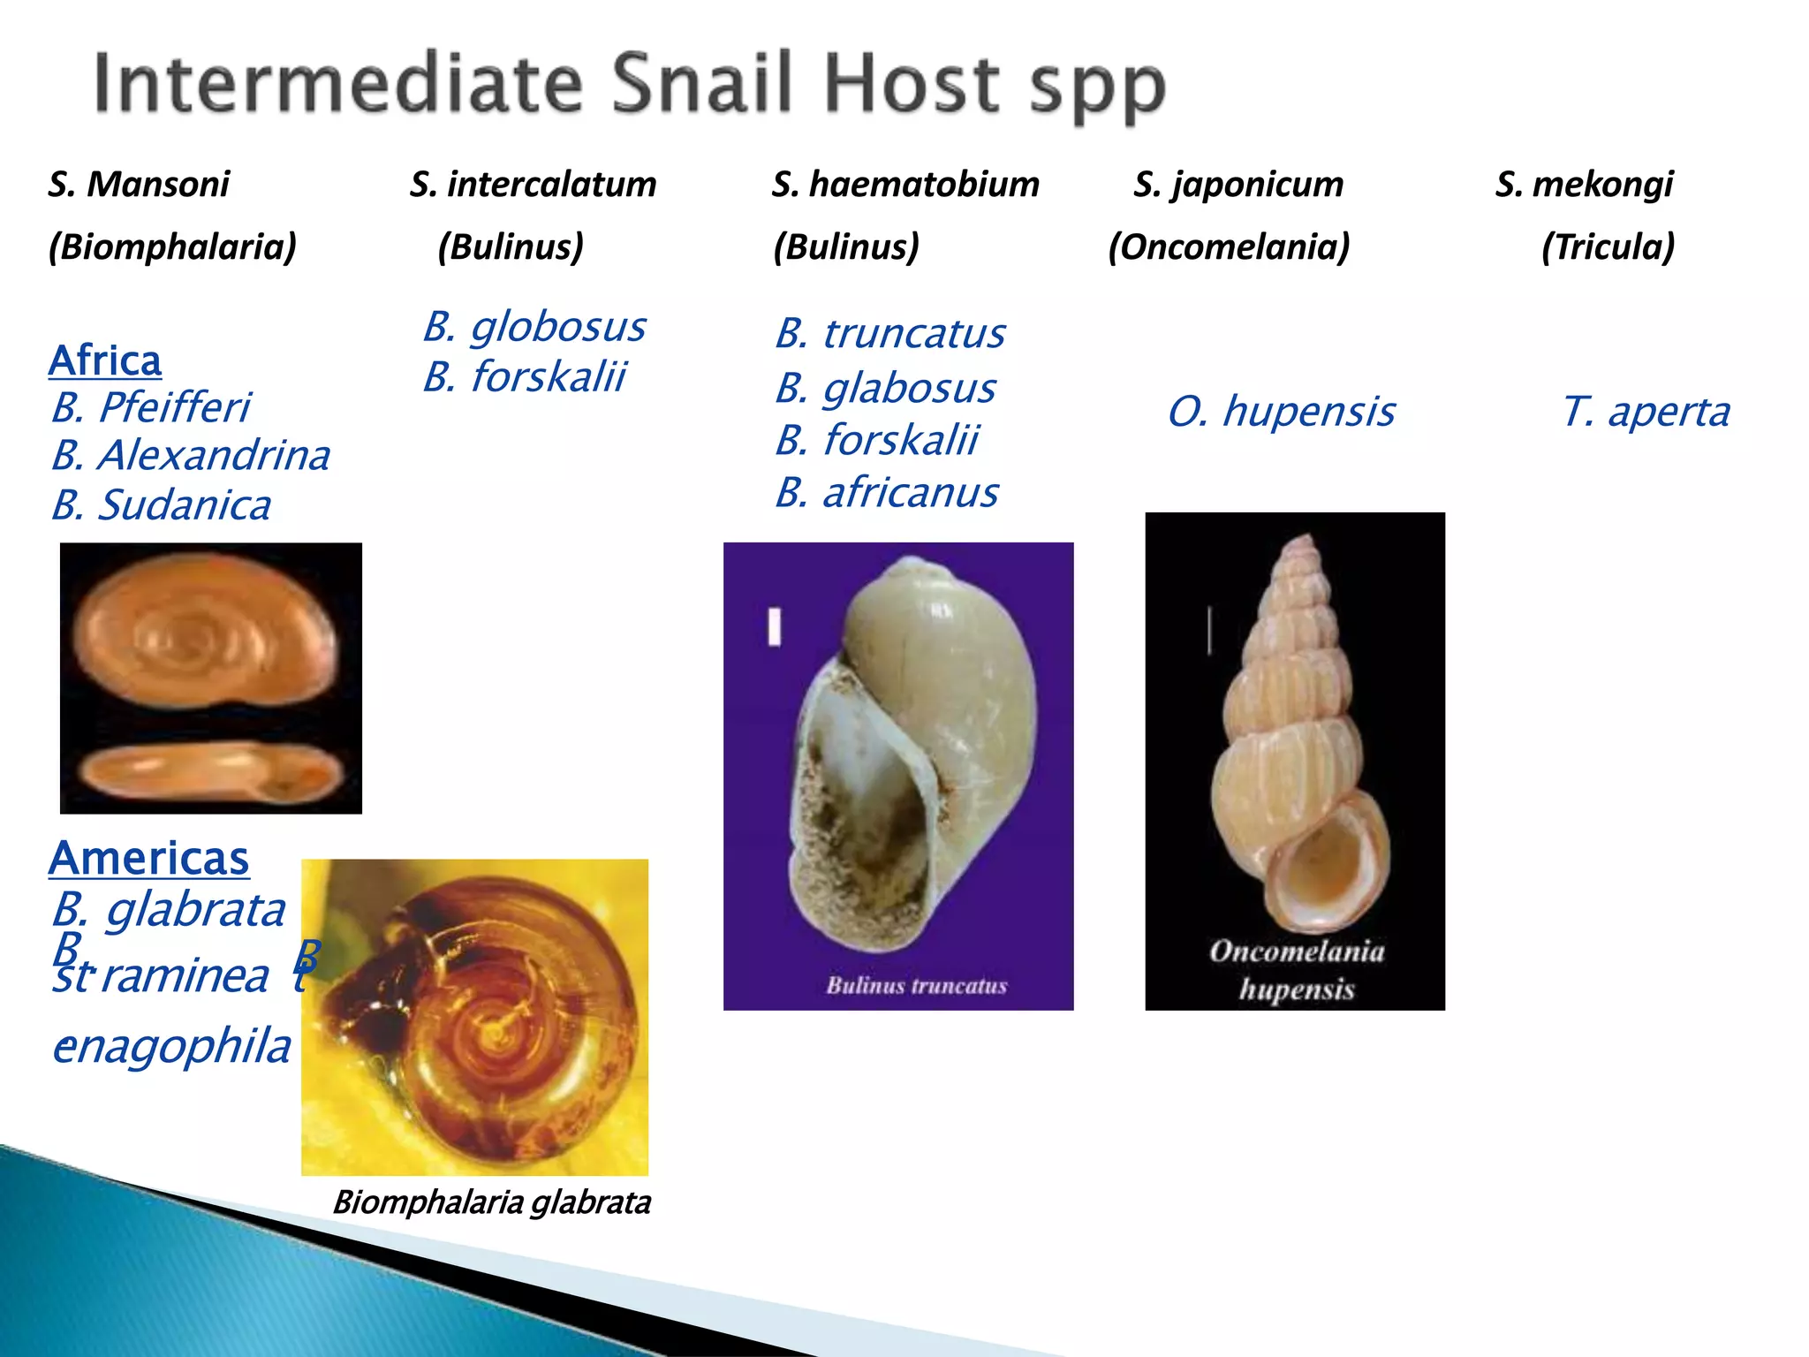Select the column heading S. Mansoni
139,185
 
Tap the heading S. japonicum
1238,185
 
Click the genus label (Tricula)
1608,246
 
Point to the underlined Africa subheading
105,360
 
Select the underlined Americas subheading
149,858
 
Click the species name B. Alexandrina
191,456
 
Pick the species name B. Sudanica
161,505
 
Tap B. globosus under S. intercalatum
534,327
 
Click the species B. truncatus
890,334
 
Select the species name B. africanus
887,493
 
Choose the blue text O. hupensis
1281,412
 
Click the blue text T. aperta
1646,412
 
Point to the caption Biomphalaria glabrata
492,1202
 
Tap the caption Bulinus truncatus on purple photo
917,985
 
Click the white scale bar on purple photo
775,627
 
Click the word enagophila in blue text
172,1047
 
